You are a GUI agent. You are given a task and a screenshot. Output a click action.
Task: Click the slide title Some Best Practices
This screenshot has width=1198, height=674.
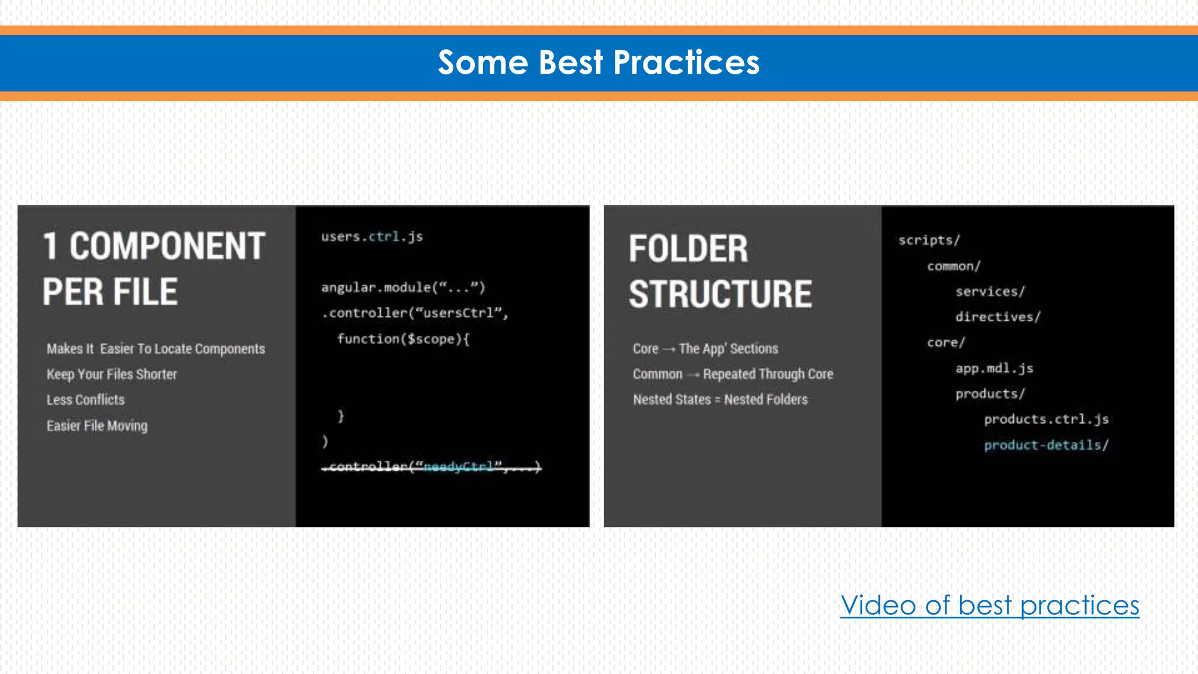pyautogui.click(x=598, y=63)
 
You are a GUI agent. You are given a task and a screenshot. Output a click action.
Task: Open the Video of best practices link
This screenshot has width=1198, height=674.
pyautogui.click(x=990, y=606)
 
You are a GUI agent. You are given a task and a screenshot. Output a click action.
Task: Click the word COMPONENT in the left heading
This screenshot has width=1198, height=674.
pyautogui.click(x=167, y=246)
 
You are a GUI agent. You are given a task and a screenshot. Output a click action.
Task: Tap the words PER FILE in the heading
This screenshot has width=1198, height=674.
pyautogui.click(x=110, y=292)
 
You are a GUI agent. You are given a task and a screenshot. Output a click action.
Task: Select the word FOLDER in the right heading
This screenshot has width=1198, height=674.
pyautogui.click(x=688, y=249)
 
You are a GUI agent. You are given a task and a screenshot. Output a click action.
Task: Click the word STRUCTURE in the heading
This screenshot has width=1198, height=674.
pyautogui.click(x=720, y=294)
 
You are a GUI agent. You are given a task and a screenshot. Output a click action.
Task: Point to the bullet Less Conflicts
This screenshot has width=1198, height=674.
pyautogui.click(x=85, y=400)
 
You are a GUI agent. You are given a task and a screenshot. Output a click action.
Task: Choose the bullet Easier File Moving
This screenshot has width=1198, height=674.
pyautogui.click(x=97, y=426)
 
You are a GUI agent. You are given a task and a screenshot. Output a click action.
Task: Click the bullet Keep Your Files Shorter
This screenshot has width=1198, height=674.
pyautogui.click(x=112, y=374)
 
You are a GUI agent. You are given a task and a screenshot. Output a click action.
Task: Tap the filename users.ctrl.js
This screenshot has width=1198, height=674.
pyautogui.click(x=371, y=237)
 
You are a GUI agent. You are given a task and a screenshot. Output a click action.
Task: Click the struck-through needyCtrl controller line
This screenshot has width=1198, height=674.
pyautogui.click(x=432, y=466)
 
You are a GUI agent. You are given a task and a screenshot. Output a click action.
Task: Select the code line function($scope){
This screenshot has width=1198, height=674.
pyautogui.click(x=403, y=339)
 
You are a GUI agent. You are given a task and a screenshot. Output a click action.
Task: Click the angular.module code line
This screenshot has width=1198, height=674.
pyautogui.click(x=403, y=287)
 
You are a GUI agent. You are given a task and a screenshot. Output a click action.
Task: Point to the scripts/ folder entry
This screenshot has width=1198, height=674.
pyautogui.click(x=929, y=240)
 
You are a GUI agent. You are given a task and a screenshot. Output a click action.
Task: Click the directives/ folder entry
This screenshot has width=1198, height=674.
pyautogui.click(x=998, y=317)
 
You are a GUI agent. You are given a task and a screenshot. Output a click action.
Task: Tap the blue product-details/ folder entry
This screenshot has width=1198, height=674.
pyautogui.click(x=1046, y=445)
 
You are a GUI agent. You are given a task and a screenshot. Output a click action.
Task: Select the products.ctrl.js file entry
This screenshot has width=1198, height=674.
pyautogui.click(x=1046, y=419)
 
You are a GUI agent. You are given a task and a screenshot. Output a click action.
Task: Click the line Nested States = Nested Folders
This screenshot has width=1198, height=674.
pyautogui.click(x=720, y=400)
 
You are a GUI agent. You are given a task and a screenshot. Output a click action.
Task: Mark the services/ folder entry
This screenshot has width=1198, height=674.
pyautogui.click(x=990, y=291)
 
